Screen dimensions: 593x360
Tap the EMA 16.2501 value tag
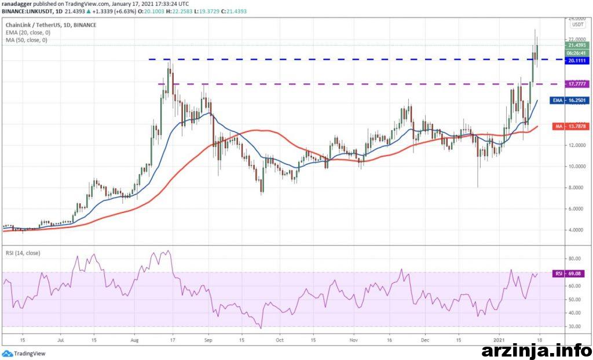pos(571,101)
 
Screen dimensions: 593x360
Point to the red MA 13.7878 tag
pos(572,127)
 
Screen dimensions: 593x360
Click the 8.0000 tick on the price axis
pos(574,188)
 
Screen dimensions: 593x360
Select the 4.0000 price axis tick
pos(574,230)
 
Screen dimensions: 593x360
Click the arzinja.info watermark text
pos(536,351)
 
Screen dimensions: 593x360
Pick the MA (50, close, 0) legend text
pos(26,40)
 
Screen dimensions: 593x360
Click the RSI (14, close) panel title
pos(23,252)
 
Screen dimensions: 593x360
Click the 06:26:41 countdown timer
pos(574,52)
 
